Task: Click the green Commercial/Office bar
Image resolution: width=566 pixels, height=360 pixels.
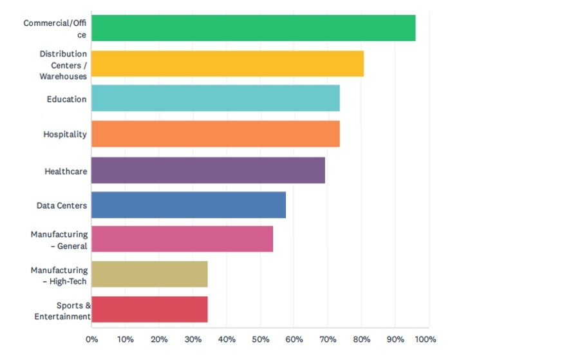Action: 253,28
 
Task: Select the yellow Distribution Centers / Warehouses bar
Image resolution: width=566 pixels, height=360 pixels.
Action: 227,64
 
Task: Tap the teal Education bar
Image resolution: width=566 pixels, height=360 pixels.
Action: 215,99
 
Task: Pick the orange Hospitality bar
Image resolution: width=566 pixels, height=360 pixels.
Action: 215,134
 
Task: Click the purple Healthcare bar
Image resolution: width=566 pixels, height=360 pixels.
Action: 208,170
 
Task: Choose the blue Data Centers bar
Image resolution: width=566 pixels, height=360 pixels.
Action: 188,205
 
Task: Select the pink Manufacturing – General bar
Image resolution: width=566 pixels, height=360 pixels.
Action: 182,239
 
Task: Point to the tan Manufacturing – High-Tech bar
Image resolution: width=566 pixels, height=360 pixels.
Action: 149,274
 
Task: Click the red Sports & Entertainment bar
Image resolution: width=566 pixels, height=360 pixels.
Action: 149,309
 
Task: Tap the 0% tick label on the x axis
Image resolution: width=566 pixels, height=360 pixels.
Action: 91,339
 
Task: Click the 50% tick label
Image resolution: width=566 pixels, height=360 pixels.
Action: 260,339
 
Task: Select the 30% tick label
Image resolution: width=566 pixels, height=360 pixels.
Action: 193,339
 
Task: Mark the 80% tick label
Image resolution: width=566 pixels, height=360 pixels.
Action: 361,339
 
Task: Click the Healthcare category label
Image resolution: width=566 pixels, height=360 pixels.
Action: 66,172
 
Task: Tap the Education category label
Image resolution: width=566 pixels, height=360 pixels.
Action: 66,99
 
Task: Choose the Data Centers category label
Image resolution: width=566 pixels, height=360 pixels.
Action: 62,205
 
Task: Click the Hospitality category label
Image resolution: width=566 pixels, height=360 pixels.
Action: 65,135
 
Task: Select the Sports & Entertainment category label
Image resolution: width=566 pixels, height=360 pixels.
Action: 62,310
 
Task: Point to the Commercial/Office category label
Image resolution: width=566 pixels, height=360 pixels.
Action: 55,29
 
